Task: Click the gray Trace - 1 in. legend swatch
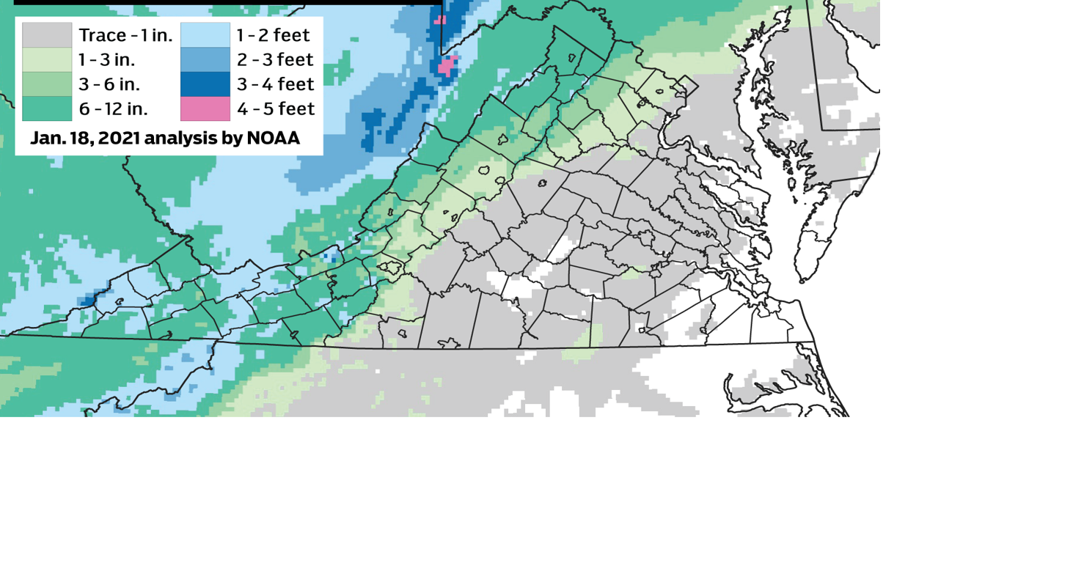tap(47, 34)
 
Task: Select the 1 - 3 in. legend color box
tap(47, 59)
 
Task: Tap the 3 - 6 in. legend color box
tap(47, 84)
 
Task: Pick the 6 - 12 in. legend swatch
tap(47, 108)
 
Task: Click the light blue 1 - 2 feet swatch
tap(205, 34)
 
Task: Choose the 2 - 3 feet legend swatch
tap(205, 59)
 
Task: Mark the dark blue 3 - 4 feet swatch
tap(205, 84)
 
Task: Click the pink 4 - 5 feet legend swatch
tap(205, 108)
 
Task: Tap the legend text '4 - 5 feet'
tap(276, 108)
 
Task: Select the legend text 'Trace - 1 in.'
tap(125, 35)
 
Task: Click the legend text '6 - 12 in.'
tap(114, 108)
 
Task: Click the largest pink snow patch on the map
tap(447, 66)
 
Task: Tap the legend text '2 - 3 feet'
tap(275, 59)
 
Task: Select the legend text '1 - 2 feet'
tap(273, 35)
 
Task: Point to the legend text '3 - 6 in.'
tap(109, 84)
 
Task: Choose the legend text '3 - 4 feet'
tap(275, 84)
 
